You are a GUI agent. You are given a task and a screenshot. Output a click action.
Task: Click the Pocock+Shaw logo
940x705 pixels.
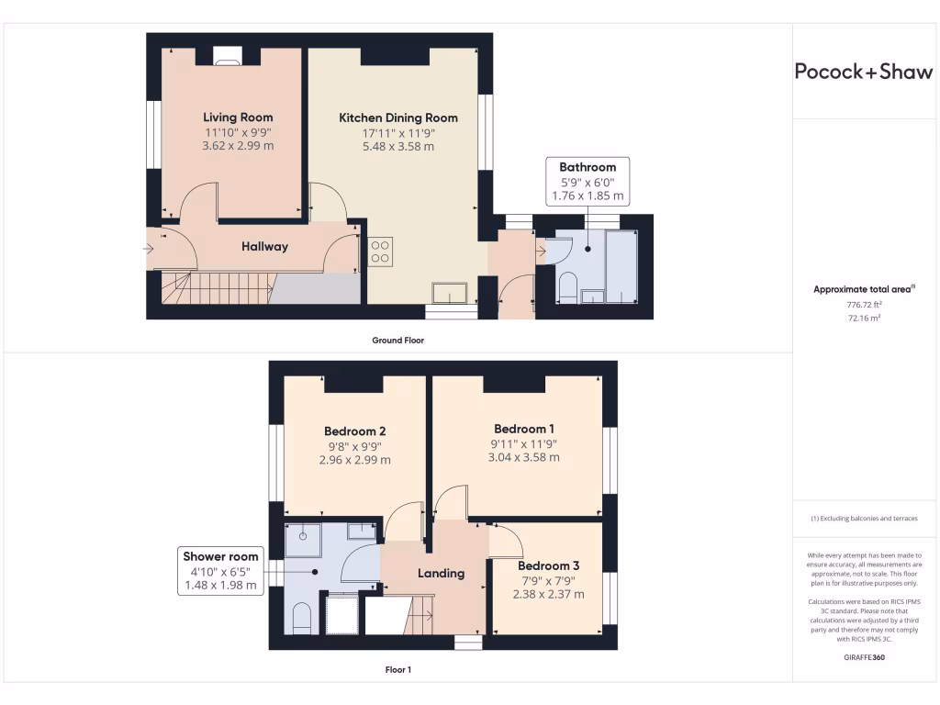pyautogui.click(x=863, y=73)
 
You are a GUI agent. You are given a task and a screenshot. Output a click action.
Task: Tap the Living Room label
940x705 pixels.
pyautogui.click(x=238, y=117)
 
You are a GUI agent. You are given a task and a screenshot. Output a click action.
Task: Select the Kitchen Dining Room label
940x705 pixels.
pyautogui.click(x=398, y=117)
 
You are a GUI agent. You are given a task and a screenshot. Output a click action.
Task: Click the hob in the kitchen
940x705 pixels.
pyautogui.click(x=380, y=252)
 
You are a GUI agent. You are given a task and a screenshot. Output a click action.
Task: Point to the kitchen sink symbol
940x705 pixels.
pyautogui.click(x=450, y=292)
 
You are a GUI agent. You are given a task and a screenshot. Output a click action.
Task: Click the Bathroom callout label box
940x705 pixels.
pyautogui.click(x=587, y=181)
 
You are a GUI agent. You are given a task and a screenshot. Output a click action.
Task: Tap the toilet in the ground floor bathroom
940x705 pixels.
pyautogui.click(x=566, y=286)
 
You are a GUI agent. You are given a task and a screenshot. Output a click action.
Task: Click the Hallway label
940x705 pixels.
pyautogui.click(x=264, y=246)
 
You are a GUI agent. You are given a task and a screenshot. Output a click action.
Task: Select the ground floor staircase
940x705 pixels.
pyautogui.click(x=216, y=288)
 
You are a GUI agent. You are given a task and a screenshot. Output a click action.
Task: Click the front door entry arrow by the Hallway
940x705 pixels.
pyautogui.click(x=150, y=247)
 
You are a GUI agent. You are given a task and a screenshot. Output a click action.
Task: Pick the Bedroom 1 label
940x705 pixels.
pyautogui.click(x=523, y=429)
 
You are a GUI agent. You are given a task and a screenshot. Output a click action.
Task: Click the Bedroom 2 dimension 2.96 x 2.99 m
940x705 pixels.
pyautogui.click(x=354, y=460)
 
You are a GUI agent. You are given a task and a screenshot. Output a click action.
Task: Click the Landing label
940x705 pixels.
pyautogui.click(x=441, y=573)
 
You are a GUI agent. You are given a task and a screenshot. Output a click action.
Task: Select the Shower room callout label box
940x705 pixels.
pyautogui.click(x=220, y=570)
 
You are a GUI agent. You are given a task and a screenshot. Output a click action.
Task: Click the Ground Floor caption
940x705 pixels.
pyautogui.click(x=397, y=341)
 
